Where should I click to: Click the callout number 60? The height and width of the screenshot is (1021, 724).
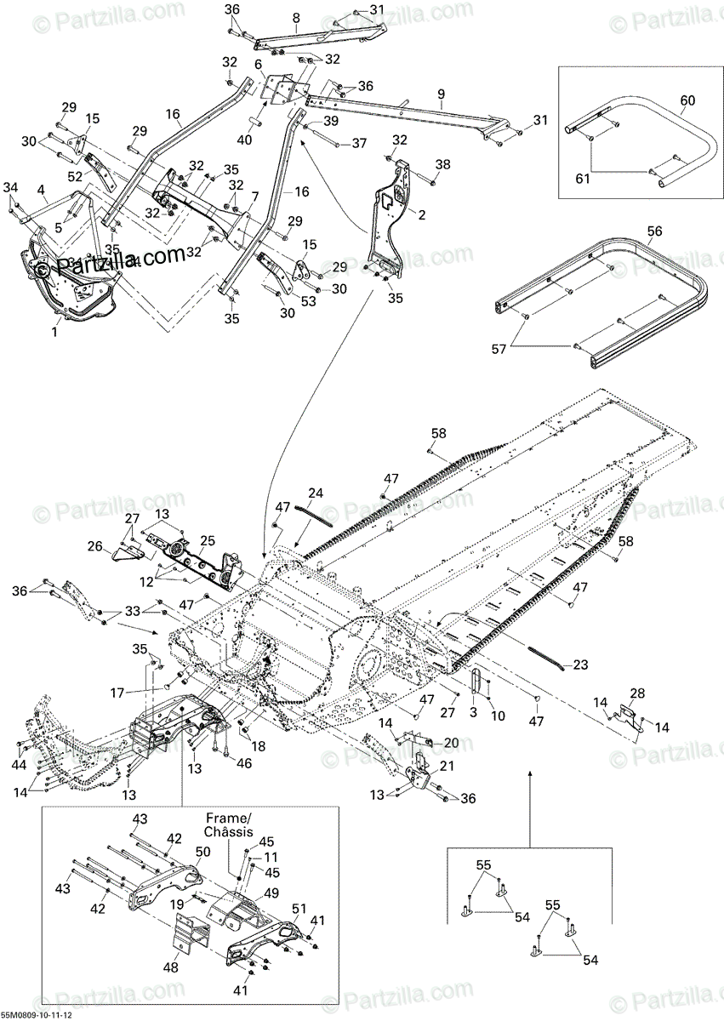[x=687, y=100]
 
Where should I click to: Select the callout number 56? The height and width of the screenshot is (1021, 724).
[x=654, y=231]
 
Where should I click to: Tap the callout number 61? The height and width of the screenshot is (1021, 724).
[x=582, y=178]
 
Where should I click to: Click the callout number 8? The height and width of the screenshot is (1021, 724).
[x=296, y=17]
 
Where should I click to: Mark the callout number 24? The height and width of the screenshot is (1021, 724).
[x=316, y=493]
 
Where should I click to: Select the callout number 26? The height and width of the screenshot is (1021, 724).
[x=94, y=546]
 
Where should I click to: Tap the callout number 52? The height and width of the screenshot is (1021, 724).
[x=76, y=176]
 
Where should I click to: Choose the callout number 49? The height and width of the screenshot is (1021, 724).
[x=271, y=893]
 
